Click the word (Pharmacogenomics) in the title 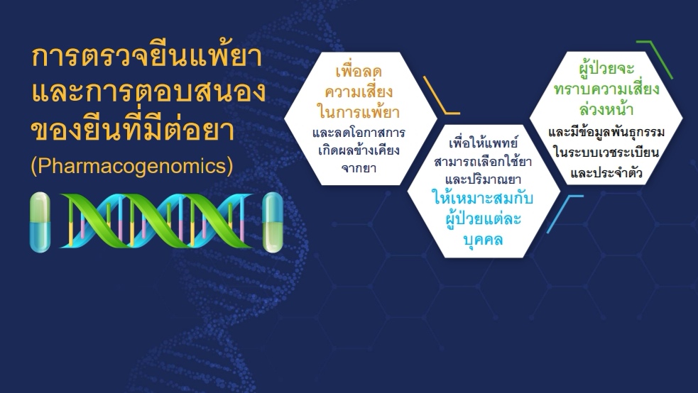coord(132,166)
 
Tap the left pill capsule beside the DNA coord(40,222)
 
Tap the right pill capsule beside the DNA coord(273,222)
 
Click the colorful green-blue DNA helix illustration coord(156,221)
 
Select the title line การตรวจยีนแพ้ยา coord(147,57)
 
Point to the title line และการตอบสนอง coord(149,92)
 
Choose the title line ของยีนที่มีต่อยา coord(133,130)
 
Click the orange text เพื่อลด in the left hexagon coord(359,71)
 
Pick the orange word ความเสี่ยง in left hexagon coord(359,92)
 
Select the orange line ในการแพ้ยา coord(359,111)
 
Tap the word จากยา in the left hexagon coord(359,169)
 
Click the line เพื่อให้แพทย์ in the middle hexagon coord(483,143)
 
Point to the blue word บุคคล coord(484,240)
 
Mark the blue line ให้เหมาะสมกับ coord(484,198)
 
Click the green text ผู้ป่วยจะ coord(606,69)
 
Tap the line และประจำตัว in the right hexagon coord(606,173)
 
